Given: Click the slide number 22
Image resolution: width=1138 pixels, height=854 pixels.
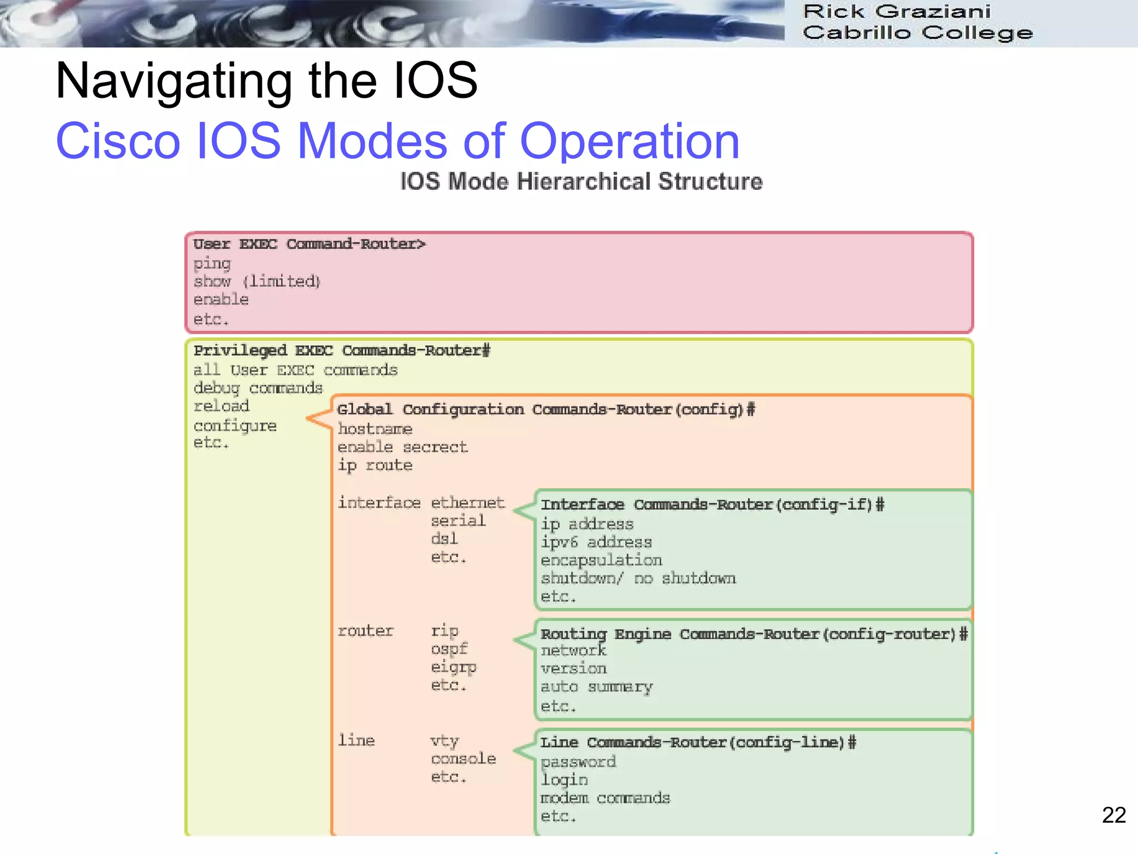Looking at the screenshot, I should click(x=1114, y=815).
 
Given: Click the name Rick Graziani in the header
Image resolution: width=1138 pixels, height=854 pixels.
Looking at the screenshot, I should click(x=896, y=11).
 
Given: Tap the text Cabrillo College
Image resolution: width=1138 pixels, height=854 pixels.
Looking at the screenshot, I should click(x=917, y=33).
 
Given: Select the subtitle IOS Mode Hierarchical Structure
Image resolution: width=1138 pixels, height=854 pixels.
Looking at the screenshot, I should click(x=581, y=182).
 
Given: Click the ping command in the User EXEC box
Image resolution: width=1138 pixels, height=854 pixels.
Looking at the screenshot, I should click(x=212, y=264).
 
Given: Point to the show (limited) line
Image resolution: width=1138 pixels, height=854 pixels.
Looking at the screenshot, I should click(x=257, y=281).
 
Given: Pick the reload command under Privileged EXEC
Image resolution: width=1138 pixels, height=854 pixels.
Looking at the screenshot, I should click(x=221, y=406).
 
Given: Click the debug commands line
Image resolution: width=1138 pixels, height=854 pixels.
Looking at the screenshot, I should click(x=258, y=388).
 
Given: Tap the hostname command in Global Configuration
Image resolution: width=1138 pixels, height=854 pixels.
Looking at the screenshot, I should click(x=375, y=429).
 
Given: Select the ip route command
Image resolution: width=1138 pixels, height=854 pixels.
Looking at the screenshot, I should click(x=375, y=465).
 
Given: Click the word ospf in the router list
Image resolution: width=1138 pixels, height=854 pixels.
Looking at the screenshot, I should click(x=449, y=649).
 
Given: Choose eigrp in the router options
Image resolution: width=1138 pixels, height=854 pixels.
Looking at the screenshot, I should click(x=453, y=667).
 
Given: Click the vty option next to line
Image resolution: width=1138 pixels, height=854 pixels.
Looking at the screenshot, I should click(x=445, y=741).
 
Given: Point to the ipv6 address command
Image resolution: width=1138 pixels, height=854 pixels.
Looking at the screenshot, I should click(x=596, y=542).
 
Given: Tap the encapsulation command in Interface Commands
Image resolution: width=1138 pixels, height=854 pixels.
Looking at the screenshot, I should click(x=601, y=560).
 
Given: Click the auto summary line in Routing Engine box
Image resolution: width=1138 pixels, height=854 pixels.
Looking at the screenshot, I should click(x=596, y=687).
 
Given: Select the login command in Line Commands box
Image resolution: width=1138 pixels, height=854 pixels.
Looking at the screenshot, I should click(x=564, y=779).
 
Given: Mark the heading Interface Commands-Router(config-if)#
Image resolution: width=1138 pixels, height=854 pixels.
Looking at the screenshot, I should click(x=712, y=505).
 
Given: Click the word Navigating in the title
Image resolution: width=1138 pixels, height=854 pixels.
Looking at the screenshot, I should click(x=173, y=82).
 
